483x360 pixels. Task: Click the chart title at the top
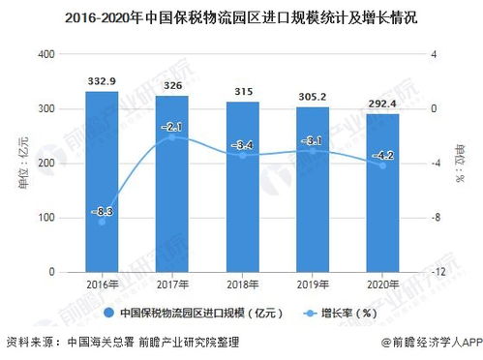tap(241, 17)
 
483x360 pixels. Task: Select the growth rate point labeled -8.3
tap(101, 222)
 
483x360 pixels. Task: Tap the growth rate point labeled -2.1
tap(171, 137)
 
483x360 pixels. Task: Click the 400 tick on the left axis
tap(43, 54)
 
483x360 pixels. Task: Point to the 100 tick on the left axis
tap(43, 218)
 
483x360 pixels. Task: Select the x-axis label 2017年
tap(171, 286)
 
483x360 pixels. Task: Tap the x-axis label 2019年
tap(312, 286)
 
